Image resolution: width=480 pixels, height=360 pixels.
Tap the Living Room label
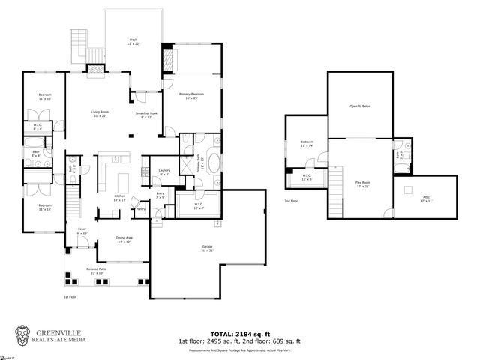(x=99, y=112)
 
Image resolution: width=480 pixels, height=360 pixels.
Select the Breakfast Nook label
(x=143, y=115)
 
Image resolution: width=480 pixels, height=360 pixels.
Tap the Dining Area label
(x=124, y=239)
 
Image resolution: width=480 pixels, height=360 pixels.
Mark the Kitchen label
(x=119, y=198)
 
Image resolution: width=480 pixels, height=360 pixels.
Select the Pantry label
(x=140, y=209)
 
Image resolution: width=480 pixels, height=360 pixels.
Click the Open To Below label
(x=360, y=106)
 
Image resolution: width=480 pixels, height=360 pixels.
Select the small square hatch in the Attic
(x=408, y=189)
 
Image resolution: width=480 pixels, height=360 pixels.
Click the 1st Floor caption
(x=70, y=297)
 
